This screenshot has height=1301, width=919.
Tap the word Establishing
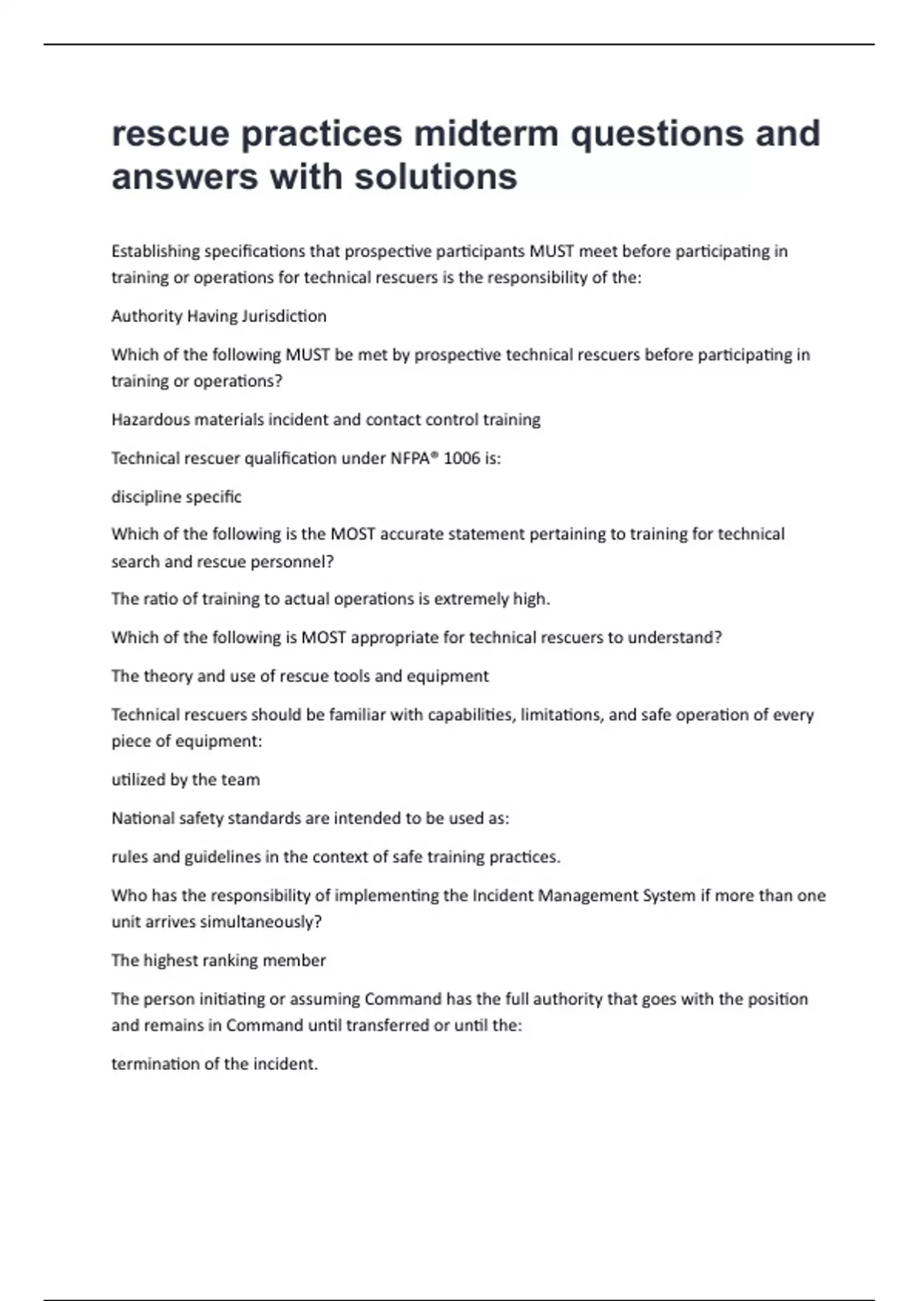(155, 251)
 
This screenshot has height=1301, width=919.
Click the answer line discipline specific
(176, 497)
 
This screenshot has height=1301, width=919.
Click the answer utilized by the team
(185, 780)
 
